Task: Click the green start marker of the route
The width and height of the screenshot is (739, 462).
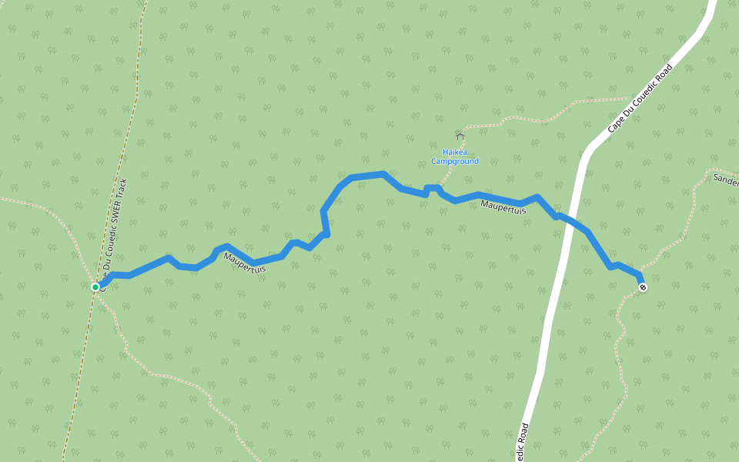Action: (x=95, y=287)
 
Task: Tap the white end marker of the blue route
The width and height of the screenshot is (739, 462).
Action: (x=643, y=287)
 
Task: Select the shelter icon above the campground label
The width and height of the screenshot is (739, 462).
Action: (x=460, y=136)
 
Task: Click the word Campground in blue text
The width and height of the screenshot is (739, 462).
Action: (x=454, y=162)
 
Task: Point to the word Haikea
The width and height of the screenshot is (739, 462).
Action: (x=454, y=152)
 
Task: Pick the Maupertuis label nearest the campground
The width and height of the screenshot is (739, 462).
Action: (x=503, y=207)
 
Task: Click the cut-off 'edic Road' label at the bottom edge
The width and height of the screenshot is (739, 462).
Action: (x=523, y=444)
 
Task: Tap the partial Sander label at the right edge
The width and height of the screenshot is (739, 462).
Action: (x=726, y=181)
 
